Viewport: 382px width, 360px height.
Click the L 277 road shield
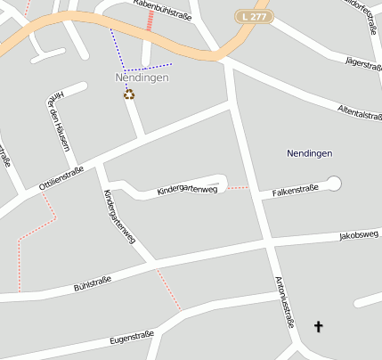253,16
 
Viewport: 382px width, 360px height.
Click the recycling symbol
129,94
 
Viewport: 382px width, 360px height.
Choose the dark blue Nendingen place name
310,153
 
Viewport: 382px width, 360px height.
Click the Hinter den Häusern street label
52,120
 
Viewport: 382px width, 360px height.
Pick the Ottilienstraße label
61,177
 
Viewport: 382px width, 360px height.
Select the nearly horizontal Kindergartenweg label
187,190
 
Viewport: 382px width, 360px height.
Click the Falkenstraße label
295,191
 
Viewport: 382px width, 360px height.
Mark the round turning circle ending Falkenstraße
334,184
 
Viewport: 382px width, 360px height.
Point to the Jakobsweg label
359,236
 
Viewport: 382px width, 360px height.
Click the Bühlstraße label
92,284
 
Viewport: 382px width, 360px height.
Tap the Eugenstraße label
132,338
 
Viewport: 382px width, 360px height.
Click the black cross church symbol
319,328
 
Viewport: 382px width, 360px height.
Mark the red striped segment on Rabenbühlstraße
149,19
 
